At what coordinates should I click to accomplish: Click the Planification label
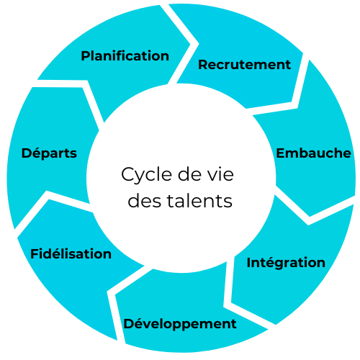click(x=125, y=56)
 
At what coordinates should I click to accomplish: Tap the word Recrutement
click(x=244, y=65)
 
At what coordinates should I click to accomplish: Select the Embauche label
click(x=313, y=153)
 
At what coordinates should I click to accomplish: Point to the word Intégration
click(x=286, y=262)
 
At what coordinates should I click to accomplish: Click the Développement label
click(x=180, y=324)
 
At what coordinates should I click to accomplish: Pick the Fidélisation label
click(x=71, y=253)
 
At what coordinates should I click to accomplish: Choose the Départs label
click(x=49, y=153)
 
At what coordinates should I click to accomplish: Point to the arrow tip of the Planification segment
click(x=190, y=44)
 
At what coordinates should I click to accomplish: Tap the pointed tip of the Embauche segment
click(x=310, y=217)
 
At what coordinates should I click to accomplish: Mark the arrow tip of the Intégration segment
click(x=231, y=302)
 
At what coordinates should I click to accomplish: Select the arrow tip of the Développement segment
click(x=115, y=294)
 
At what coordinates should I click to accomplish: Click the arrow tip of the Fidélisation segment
click(x=49, y=199)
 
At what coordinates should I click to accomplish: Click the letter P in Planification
click(x=86, y=56)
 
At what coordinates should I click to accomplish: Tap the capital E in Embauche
click(x=280, y=153)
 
